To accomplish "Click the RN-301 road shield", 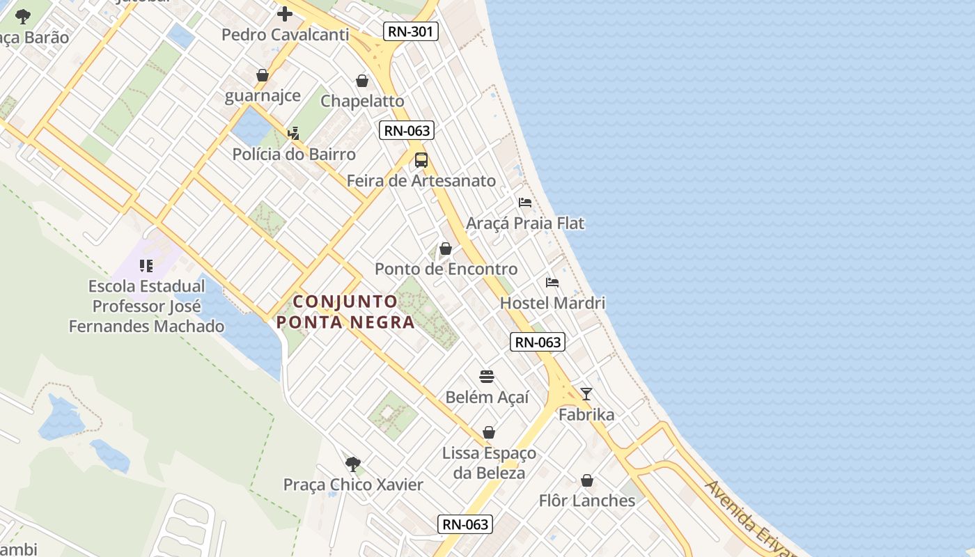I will tap(411, 31).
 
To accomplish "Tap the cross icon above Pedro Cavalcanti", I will tap(284, 14).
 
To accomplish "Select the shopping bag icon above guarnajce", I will tap(263, 75).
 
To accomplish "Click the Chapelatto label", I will tap(362, 101).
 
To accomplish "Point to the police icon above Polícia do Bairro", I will tap(293, 133).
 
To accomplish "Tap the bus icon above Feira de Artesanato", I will tap(421, 160).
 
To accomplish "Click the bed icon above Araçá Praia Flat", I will tap(525, 203).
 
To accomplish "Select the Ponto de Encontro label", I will tap(446, 269).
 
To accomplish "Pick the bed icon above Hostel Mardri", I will tap(552, 283).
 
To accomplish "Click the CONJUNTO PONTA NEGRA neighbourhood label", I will tap(345, 312).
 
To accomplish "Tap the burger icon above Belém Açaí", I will tap(487, 377).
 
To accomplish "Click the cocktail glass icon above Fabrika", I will tap(586, 394).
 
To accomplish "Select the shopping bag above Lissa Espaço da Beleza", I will tap(489, 432).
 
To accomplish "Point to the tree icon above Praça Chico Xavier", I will tap(353, 464).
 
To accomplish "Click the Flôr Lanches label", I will tap(587, 501).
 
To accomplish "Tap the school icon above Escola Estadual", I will tap(146, 265).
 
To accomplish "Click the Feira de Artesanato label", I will tap(421, 181).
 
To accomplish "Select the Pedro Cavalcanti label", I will tap(285, 34).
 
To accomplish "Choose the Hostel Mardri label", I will tap(552, 303).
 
